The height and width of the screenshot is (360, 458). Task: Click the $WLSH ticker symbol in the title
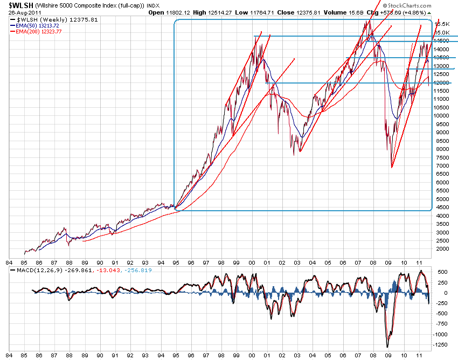22,5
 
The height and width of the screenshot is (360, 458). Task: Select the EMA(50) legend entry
37,25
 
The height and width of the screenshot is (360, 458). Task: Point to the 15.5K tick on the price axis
443,24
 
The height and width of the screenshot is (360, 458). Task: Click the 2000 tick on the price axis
442,249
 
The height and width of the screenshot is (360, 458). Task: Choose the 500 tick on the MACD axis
441,272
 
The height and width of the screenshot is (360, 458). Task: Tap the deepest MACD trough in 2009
387,346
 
